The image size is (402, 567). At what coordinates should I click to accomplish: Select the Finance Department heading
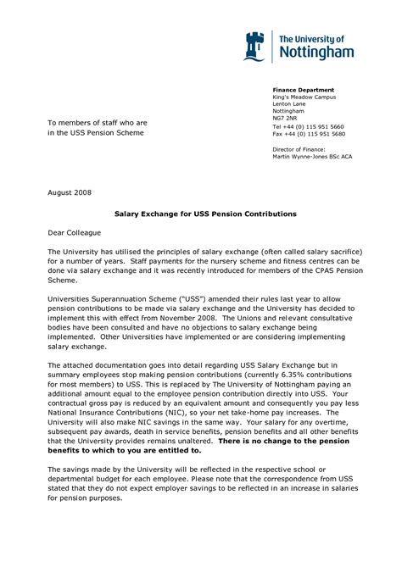303,90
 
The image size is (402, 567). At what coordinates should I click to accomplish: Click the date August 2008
70,193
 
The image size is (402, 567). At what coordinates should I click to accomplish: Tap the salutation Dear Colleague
74,231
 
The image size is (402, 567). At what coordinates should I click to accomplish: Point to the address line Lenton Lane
289,104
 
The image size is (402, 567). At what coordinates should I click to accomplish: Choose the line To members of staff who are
97,123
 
